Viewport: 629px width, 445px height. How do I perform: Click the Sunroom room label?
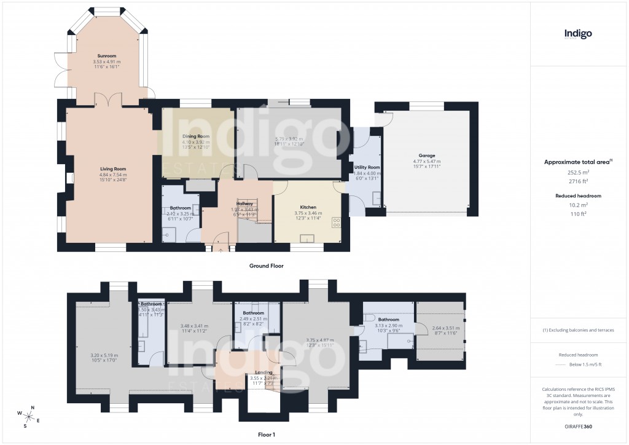pyautogui.click(x=106, y=56)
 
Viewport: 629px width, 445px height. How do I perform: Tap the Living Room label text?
pyautogui.click(x=113, y=168)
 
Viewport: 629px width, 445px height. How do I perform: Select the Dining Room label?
pyautogui.click(x=196, y=136)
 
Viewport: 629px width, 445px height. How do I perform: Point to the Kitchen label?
pyautogui.click(x=308, y=207)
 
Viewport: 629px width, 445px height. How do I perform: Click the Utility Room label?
pyautogui.click(x=368, y=167)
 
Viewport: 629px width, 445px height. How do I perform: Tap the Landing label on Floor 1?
pyautogui.click(x=264, y=372)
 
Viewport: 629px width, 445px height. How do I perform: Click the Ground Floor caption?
pyautogui.click(x=266, y=266)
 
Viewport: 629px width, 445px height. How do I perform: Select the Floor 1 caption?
pyautogui.click(x=266, y=435)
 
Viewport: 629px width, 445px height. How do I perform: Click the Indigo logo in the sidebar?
pyautogui.click(x=578, y=34)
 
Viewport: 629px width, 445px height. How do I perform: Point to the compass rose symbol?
pyautogui.click(x=29, y=416)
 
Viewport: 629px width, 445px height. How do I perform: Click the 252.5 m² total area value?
pyautogui.click(x=577, y=173)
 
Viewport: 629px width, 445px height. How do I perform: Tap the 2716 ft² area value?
pyautogui.click(x=577, y=181)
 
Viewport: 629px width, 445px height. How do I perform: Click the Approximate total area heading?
pyautogui.click(x=577, y=162)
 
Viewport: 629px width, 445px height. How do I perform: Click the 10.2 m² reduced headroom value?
pyautogui.click(x=577, y=205)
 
